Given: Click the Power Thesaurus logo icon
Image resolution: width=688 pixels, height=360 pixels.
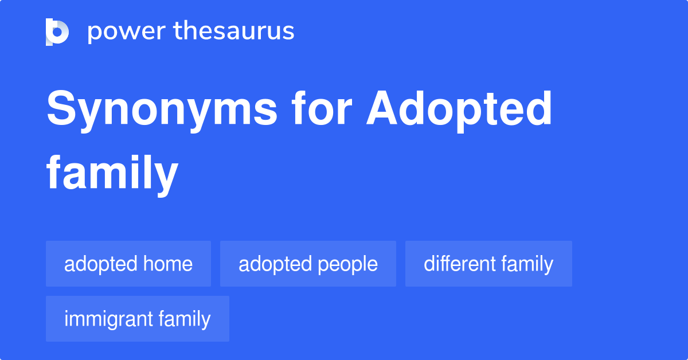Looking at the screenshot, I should pos(57,32).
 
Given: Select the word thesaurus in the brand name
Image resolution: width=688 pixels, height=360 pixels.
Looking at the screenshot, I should pos(234,32).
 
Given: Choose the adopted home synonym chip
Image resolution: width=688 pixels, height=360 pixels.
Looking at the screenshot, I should pos(128,264).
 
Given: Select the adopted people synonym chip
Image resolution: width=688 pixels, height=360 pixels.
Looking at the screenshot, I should pos(308,264).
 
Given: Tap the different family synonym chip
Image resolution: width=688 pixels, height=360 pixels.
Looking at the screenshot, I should pos(488,264).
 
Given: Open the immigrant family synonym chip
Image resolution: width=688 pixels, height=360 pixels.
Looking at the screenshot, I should pos(138,319).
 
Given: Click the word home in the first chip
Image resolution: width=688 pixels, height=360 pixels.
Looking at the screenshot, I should pos(169,264).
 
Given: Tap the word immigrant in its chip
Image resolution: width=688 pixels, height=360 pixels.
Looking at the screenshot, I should pos(109,319).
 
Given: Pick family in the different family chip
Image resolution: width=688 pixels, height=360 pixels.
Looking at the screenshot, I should pos(527,264).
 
